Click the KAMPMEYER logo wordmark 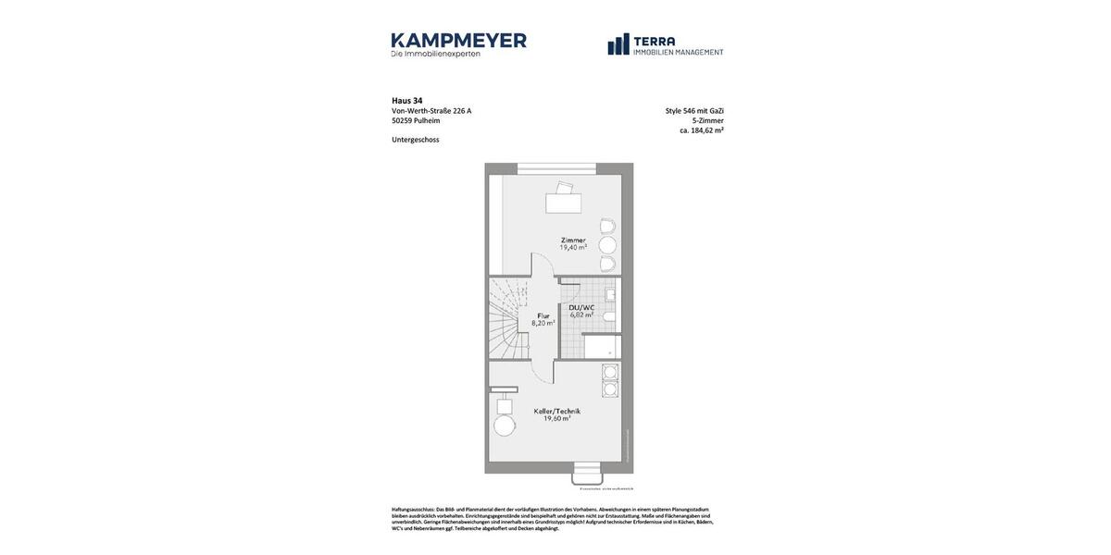pos(458,41)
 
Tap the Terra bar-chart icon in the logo pos(618,44)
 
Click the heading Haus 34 pos(407,101)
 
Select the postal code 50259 pos(402,121)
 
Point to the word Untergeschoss pos(416,140)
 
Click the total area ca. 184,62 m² pos(702,130)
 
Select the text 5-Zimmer pos(708,120)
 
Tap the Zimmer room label pos(573,240)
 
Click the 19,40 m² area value pos(573,248)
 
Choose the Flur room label pos(543,315)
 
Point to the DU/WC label pos(581,307)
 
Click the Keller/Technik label pos(557,411)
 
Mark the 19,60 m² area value pos(557,419)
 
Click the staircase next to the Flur pos(508,319)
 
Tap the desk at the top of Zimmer pos(563,202)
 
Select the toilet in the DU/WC pos(609,316)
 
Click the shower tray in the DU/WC pos(601,347)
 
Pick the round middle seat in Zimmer pos(607,245)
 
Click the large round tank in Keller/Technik pos(505,425)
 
